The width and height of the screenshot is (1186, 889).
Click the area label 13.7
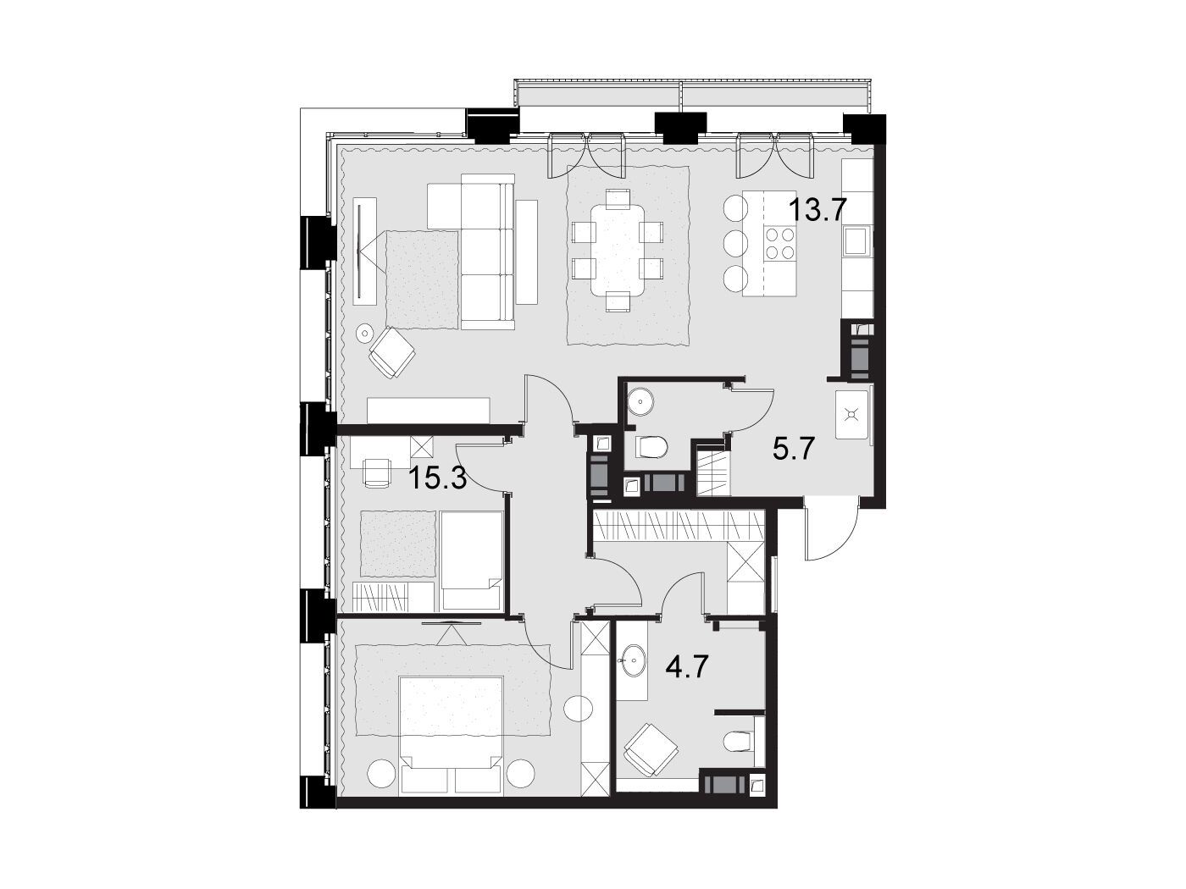(817, 210)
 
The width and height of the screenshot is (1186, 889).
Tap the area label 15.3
(438, 478)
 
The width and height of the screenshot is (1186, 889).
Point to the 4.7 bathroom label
(687, 668)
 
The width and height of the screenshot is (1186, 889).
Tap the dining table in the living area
(618, 249)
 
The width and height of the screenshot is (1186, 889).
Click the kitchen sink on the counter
(856, 240)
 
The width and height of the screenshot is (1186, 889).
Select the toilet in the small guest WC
(651, 447)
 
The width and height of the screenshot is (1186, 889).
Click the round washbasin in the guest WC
(640, 401)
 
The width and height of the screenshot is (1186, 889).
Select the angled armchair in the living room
(392, 352)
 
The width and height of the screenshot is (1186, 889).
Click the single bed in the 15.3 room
(472, 560)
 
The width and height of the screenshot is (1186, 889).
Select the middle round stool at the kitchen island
(735, 244)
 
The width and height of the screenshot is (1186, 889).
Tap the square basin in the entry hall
(851, 415)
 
